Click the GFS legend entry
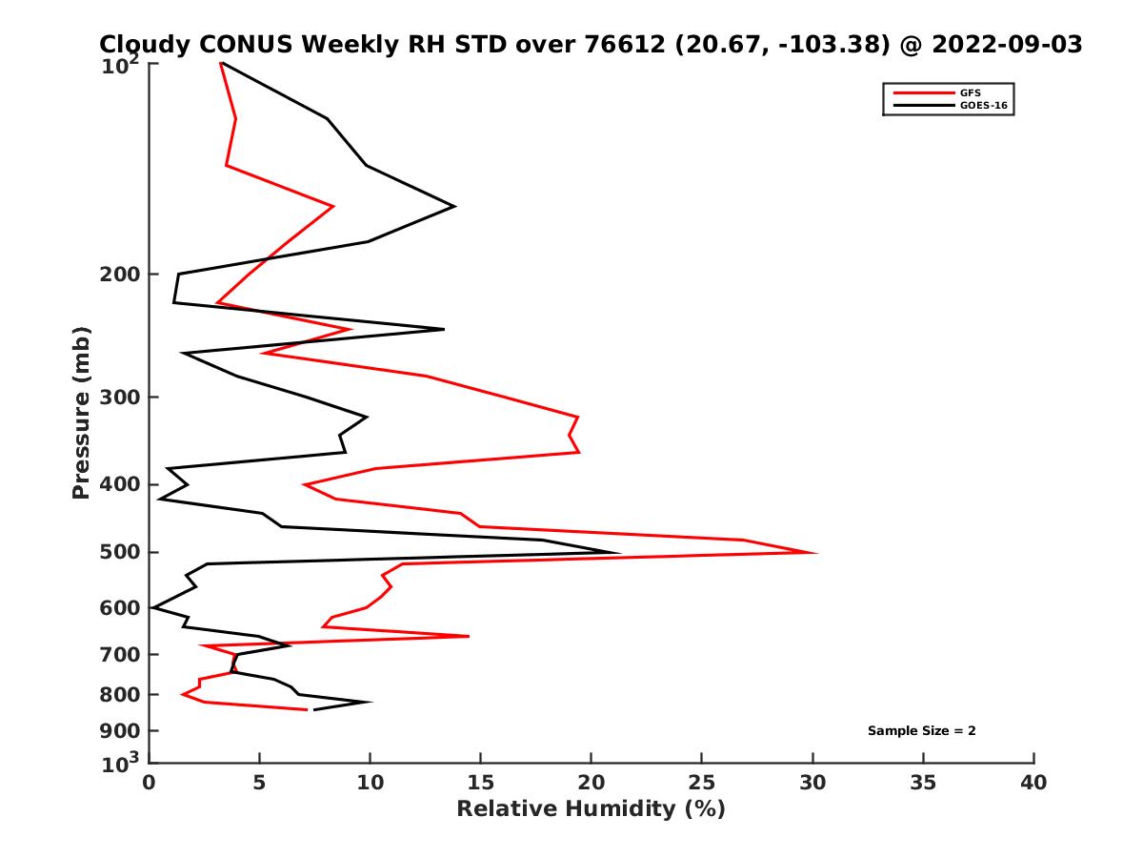coord(970,92)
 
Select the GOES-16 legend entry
coord(980,106)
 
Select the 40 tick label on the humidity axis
coord(1033,784)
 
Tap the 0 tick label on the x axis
coord(150,784)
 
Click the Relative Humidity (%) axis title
coord(591,809)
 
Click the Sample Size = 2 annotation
coord(921,731)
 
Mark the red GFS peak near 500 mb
coord(815,553)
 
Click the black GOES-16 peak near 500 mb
coord(619,553)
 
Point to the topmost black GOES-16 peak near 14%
coord(454,206)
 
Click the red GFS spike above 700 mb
coord(468,636)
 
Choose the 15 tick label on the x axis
coord(481,784)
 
